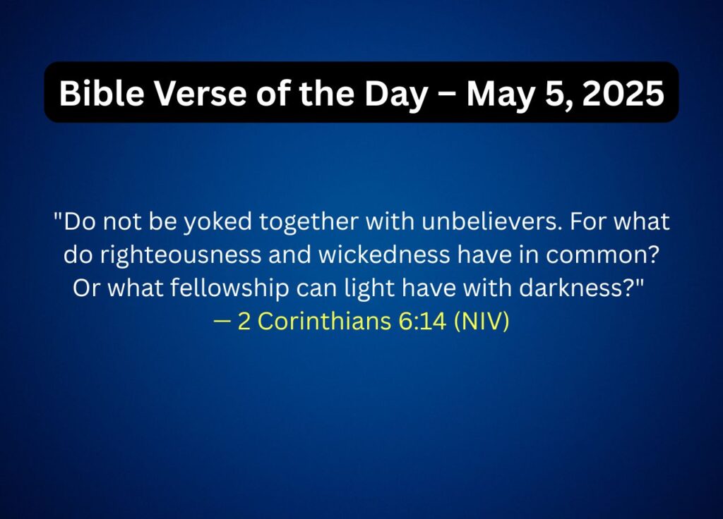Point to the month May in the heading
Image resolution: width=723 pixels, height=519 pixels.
point(499,94)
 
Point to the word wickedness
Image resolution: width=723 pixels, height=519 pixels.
point(384,255)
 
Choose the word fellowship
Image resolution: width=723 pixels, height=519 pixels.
point(229,288)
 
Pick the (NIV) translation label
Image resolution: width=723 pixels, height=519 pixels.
point(482,321)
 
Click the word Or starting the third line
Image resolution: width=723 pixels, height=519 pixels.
point(86,288)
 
